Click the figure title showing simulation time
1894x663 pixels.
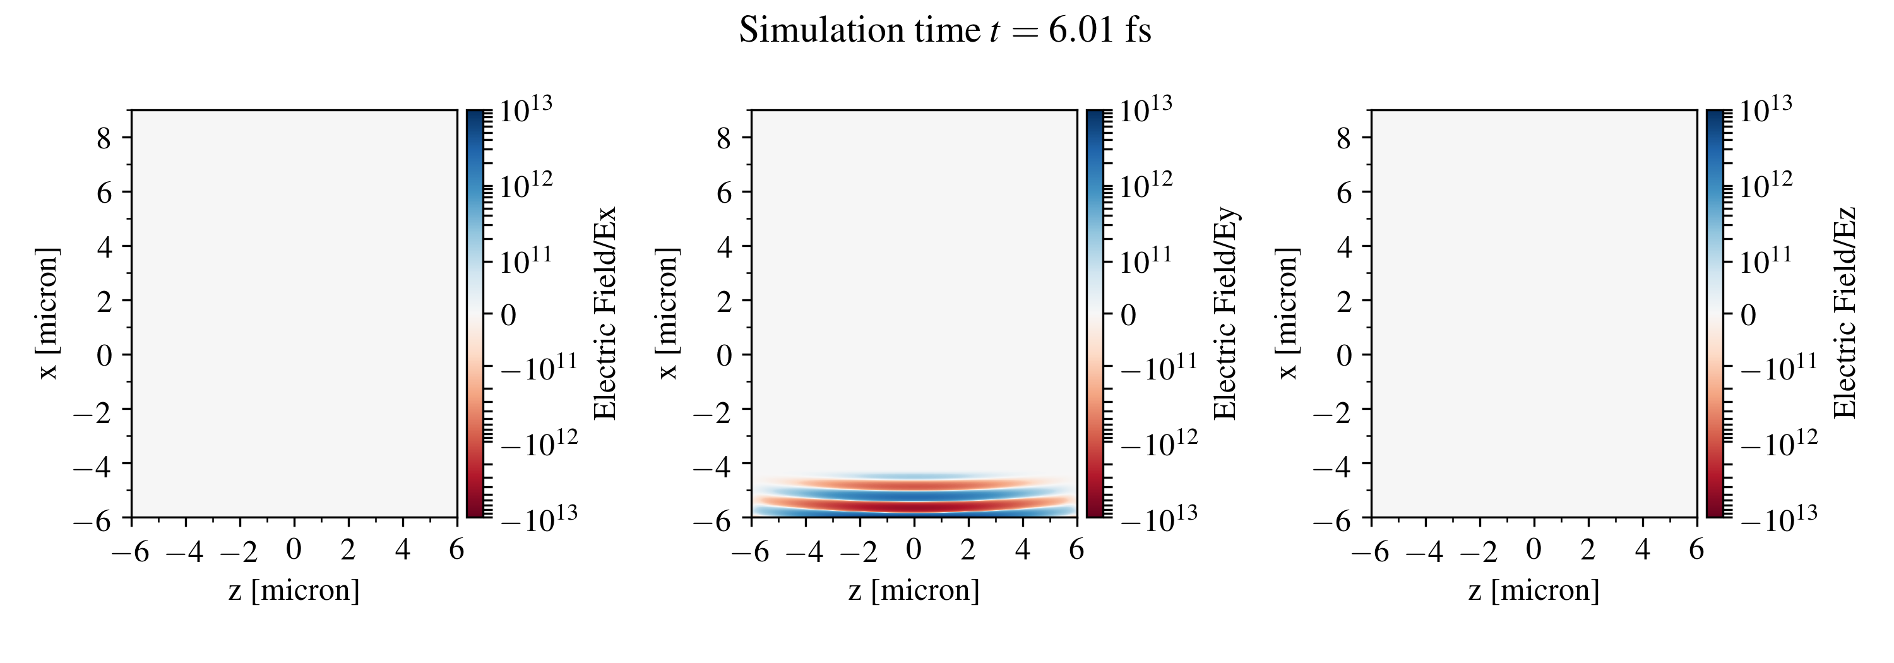(945, 31)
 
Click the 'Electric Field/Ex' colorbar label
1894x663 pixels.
(604, 314)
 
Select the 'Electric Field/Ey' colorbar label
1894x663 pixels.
(1224, 314)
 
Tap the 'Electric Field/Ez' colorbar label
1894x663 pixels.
(1845, 314)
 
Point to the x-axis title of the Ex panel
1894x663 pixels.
(294, 590)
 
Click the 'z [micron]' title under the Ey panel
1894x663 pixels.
(914, 590)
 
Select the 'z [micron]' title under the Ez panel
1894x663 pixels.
(1534, 590)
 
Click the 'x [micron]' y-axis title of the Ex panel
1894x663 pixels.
(48, 314)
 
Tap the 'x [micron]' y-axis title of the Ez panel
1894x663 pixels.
(1287, 314)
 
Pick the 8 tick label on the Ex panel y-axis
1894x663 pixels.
(104, 138)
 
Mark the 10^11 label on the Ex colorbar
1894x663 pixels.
(526, 261)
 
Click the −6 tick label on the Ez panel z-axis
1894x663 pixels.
(1371, 551)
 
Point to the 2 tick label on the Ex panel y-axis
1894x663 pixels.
(104, 301)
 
